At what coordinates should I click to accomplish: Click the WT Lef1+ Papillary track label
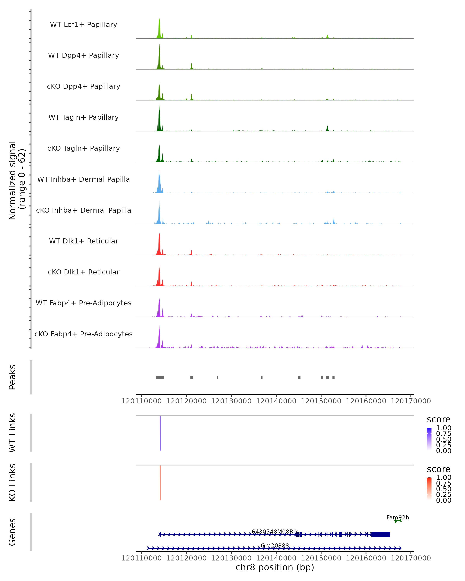pyautogui.click(x=84, y=25)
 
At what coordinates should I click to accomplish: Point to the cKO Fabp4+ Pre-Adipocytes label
pyautogui.click(x=84, y=334)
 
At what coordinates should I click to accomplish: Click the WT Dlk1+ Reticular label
pyautogui.click(x=84, y=241)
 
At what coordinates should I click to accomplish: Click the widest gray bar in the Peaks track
pyautogui.click(x=160, y=377)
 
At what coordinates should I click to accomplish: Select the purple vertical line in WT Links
pyautogui.click(x=160, y=433)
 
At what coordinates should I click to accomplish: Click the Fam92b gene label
pyautogui.click(x=398, y=517)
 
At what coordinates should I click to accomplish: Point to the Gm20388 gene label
pyautogui.click(x=275, y=545)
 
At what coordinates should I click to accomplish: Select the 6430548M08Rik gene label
pyautogui.click(x=275, y=531)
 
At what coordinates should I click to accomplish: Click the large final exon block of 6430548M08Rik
pyautogui.click(x=380, y=534)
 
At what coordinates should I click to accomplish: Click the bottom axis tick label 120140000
pyautogui.click(x=276, y=558)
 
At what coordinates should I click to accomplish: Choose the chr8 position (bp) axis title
pyautogui.click(x=275, y=567)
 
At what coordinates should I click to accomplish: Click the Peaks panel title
pyautogui.click(x=12, y=377)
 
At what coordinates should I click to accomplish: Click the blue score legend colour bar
pyautogui.click(x=429, y=439)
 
